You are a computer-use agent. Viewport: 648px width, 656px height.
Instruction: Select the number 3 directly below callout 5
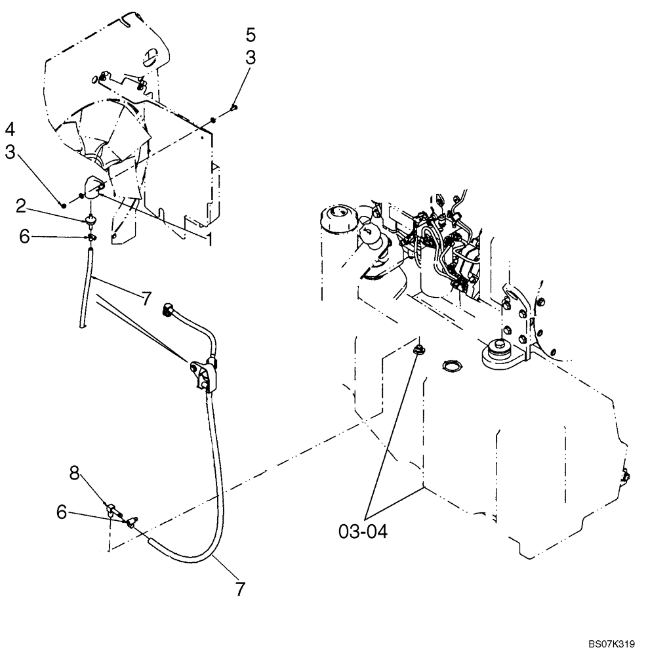251,58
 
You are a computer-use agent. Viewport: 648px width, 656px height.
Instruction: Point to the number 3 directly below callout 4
11,152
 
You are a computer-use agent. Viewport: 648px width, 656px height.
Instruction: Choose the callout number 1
210,240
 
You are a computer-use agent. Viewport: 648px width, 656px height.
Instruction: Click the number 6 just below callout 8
62,512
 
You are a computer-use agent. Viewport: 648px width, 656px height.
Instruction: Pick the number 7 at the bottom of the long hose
240,588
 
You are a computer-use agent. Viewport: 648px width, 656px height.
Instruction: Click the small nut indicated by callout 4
62,205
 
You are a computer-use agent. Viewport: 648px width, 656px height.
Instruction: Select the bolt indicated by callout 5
234,107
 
